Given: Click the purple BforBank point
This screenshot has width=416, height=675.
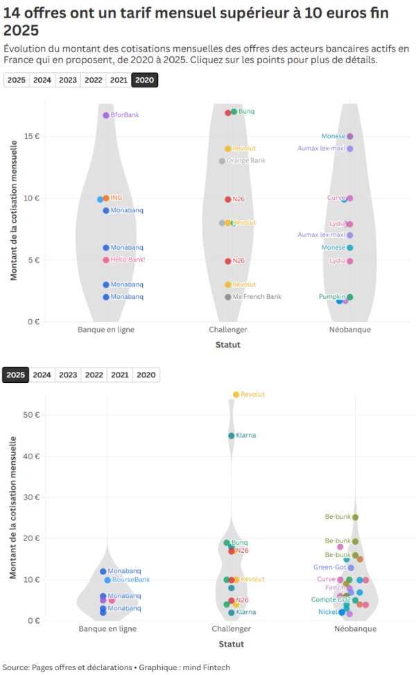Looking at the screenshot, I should click(106, 115).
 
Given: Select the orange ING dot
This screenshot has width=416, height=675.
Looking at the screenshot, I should click(106, 198).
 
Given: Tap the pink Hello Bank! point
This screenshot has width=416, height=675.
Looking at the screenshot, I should click(106, 260).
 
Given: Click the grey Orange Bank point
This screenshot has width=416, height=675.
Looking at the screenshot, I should click(222, 161).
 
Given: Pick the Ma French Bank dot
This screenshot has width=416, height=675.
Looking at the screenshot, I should click(227, 297).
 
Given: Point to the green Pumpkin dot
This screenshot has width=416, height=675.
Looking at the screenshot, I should click(350, 297).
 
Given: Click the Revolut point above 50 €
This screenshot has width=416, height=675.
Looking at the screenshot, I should click(236, 395).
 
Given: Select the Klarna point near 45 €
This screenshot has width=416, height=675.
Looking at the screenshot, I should click(232, 436).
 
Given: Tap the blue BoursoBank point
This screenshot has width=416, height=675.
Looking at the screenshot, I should click(107, 580).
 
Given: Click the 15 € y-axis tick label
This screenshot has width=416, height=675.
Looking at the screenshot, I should click(32, 136).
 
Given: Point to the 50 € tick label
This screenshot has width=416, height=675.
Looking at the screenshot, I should click(32, 415).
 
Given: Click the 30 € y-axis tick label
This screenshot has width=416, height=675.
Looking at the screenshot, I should click(32, 497).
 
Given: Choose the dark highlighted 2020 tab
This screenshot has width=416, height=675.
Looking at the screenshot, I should click(145, 80).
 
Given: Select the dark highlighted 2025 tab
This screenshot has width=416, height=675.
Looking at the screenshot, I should click(16, 375).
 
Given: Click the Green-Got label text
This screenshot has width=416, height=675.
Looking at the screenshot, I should click(329, 567).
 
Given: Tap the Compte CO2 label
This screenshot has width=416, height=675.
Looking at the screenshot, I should click(329, 600).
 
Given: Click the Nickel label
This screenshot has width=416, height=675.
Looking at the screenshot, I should click(327, 613).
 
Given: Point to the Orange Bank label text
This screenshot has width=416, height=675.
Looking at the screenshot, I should click(246, 161).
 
